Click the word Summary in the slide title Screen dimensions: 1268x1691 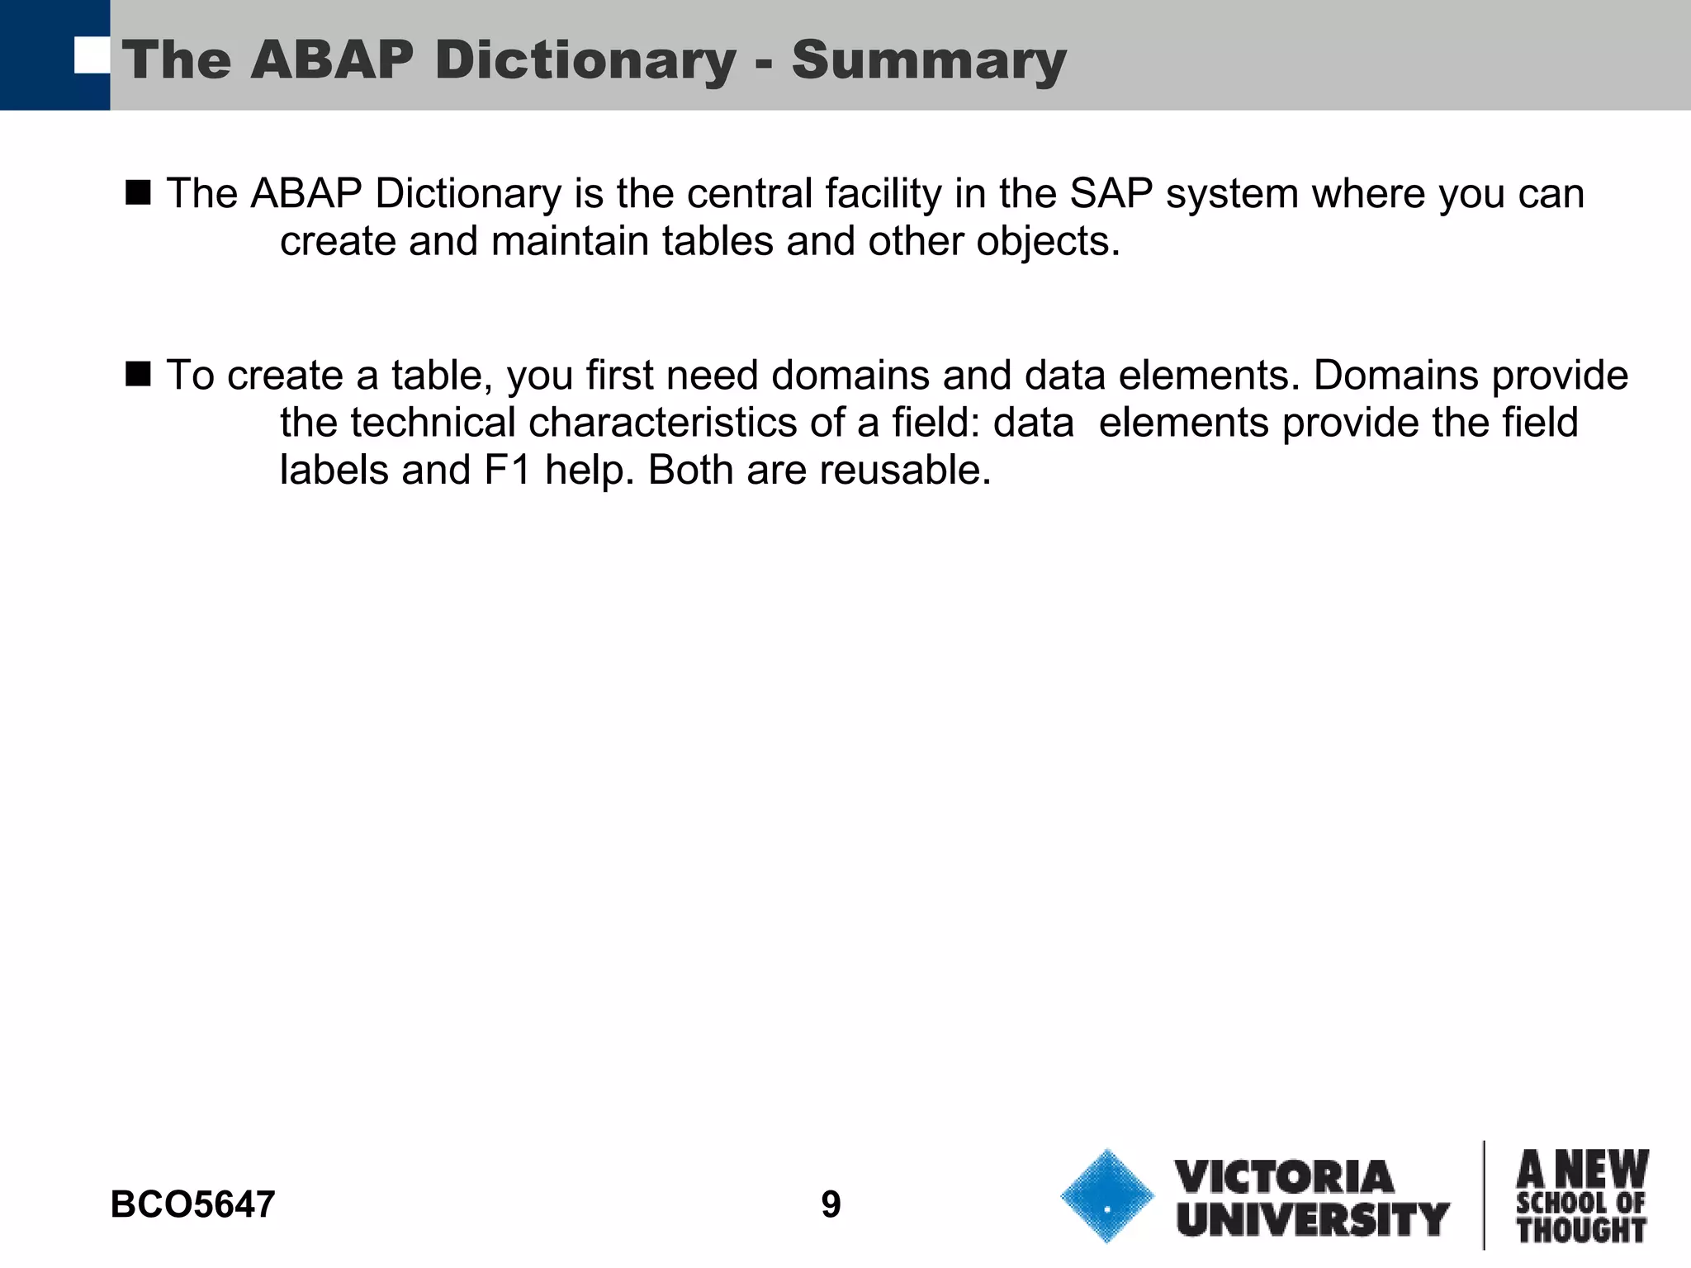(929, 61)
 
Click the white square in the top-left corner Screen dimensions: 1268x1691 (92, 55)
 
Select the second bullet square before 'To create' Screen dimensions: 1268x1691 (139, 374)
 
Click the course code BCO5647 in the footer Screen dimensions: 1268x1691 (192, 1204)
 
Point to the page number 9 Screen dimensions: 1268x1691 (831, 1204)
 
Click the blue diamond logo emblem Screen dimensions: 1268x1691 (1107, 1196)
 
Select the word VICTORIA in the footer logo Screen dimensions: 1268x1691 (1285, 1177)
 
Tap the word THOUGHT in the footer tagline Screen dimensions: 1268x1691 (1581, 1230)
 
